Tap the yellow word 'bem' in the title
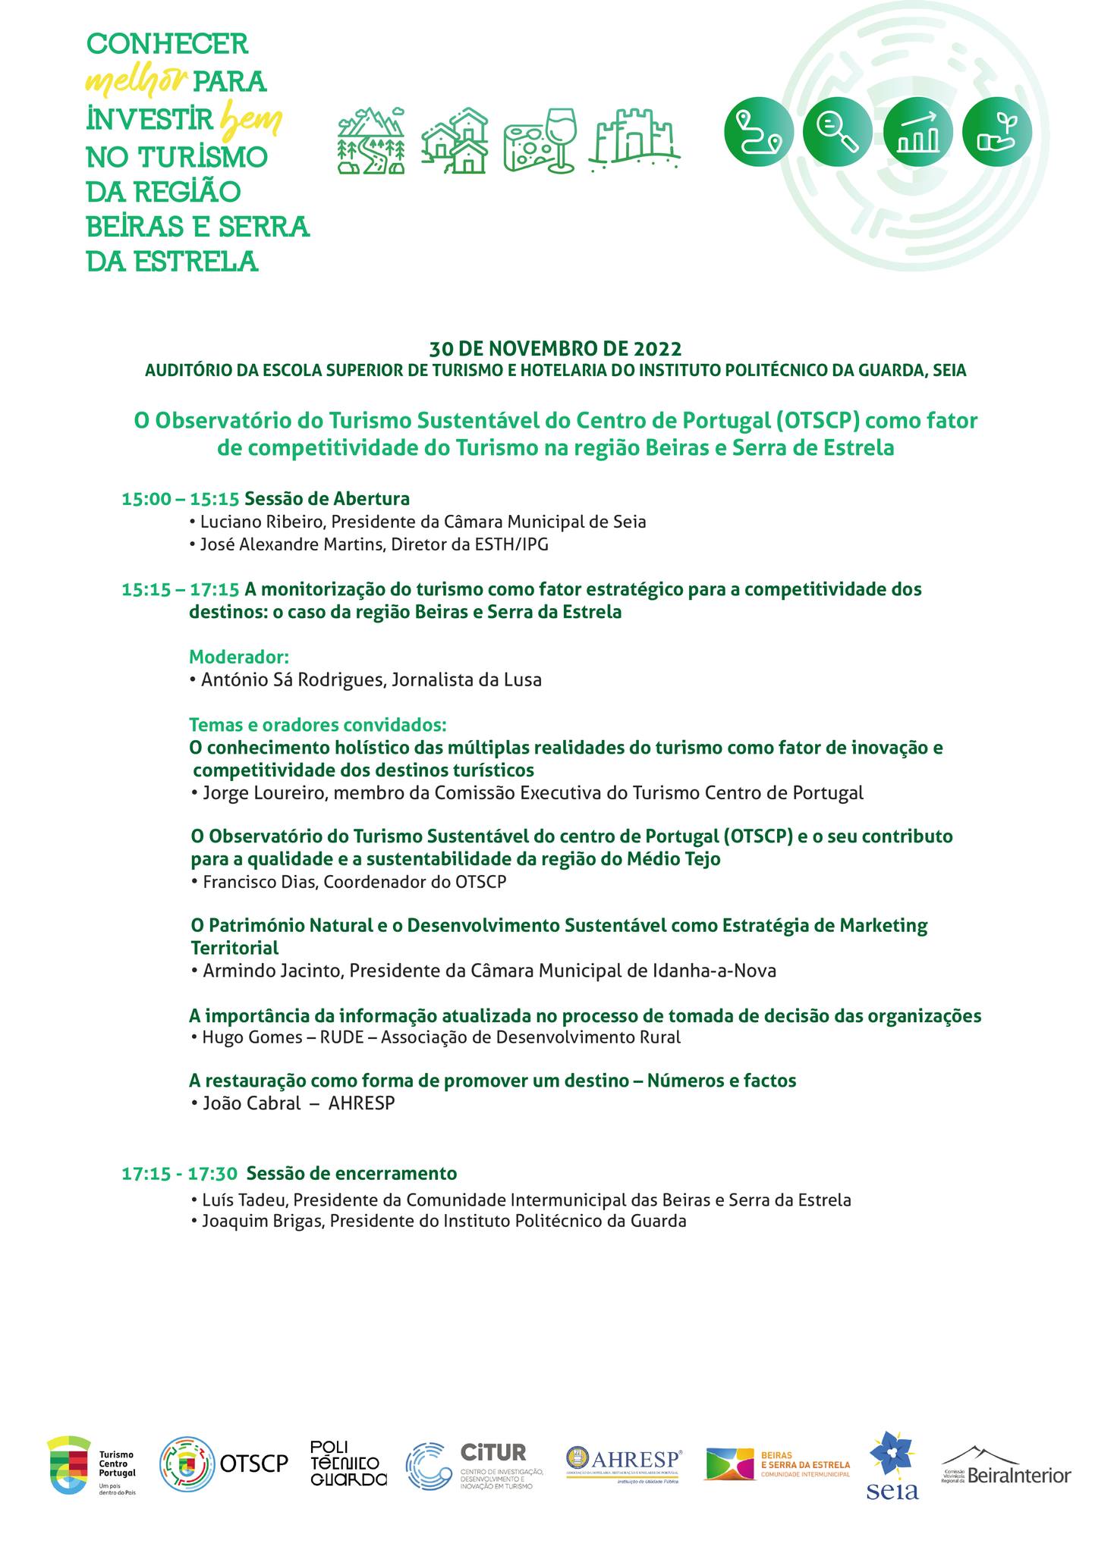click(250, 120)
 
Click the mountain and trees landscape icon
click(371, 141)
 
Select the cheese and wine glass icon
click(540, 140)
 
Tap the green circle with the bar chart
click(917, 130)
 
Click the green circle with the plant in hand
click(996, 130)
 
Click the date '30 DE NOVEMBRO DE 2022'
click(555, 349)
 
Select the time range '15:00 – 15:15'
click(181, 499)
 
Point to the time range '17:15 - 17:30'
click(179, 1174)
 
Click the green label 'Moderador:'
click(239, 656)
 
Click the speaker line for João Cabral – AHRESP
click(294, 1103)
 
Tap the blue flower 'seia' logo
click(892, 1465)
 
